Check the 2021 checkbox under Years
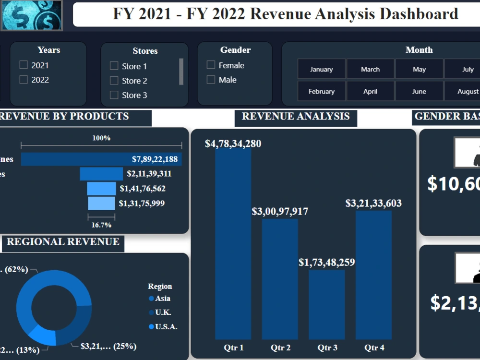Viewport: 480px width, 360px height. click(24, 65)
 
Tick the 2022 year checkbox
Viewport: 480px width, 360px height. click(24, 80)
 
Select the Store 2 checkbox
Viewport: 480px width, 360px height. click(114, 81)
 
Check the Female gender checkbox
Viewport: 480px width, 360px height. click(211, 65)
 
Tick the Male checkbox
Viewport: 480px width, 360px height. click(211, 80)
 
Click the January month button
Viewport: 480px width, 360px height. click(322, 69)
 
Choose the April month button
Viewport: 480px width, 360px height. click(370, 91)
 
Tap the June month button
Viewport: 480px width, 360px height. click(419, 91)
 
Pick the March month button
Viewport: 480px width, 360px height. click(370, 69)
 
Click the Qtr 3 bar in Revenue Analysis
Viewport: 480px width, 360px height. click(326, 304)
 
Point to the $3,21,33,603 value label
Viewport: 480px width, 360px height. click(373, 203)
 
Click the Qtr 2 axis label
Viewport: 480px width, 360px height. click(280, 348)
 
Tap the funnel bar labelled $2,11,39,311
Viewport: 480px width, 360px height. click(101, 174)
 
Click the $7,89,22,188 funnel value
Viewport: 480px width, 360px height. click(155, 159)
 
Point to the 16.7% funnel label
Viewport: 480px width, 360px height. click(101, 225)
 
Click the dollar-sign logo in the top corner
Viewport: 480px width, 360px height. click(32, 15)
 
